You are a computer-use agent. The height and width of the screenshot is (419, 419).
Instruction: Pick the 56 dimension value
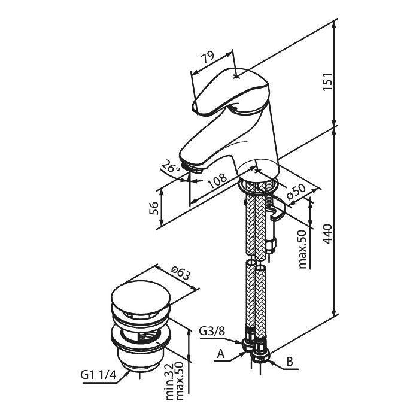pyautogui.click(x=153, y=207)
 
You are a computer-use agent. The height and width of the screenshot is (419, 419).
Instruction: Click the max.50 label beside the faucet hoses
pyautogui.click(x=303, y=248)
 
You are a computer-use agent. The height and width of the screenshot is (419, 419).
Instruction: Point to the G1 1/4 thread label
pyautogui.click(x=97, y=375)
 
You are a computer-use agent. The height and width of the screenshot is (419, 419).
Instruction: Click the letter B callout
pyautogui.click(x=289, y=362)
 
